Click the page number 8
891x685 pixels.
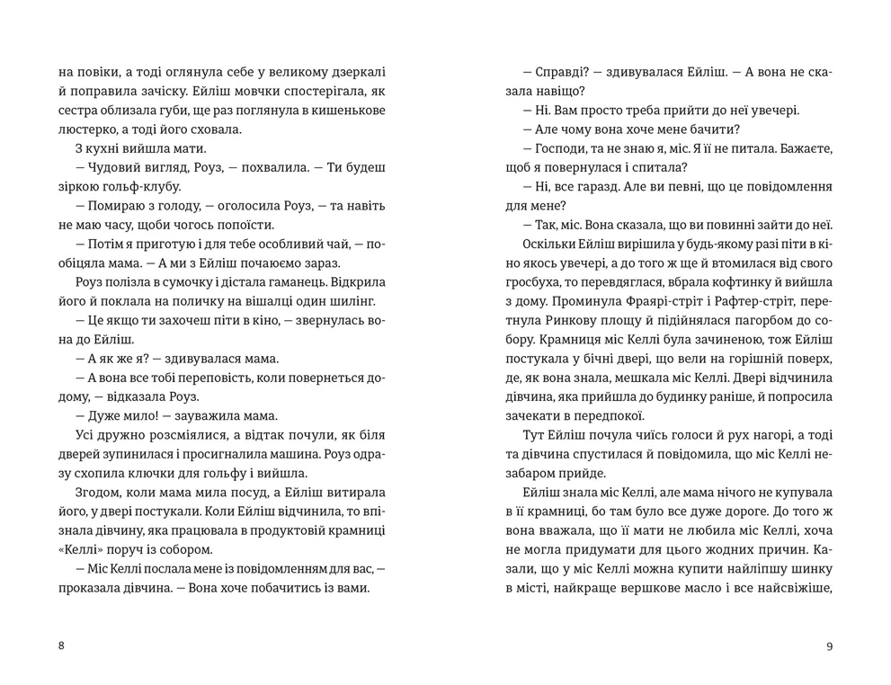60,646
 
